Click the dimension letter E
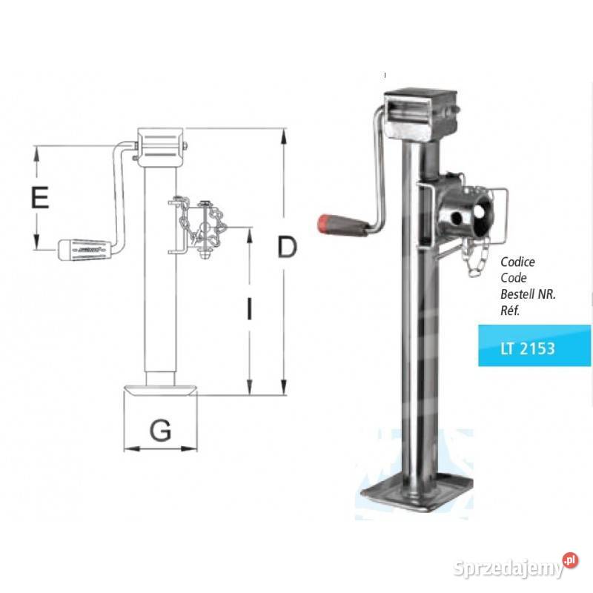coord(40,198)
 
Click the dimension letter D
coord(287,247)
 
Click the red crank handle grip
coord(342,225)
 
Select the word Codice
coord(517,262)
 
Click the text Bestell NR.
coord(528,294)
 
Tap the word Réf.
coord(511,310)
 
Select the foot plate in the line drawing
coord(162,391)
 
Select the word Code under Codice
coord(513,278)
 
